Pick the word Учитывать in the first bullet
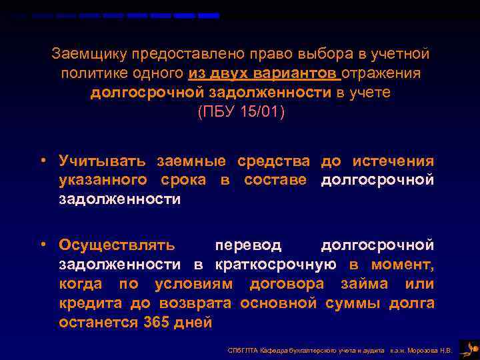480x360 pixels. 102,161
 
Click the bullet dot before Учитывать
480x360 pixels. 43,161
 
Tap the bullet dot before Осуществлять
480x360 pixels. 43,245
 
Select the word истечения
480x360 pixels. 393,161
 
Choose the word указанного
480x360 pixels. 103,181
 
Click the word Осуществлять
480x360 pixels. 117,245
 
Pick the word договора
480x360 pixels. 287,284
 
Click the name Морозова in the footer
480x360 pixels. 425,349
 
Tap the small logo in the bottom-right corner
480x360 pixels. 469,348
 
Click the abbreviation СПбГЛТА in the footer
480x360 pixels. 241,349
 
